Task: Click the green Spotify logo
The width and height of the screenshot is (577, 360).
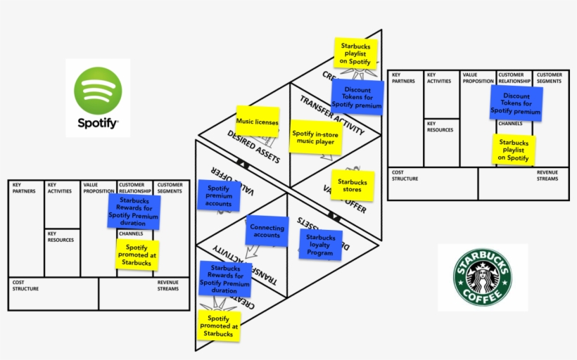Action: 98,91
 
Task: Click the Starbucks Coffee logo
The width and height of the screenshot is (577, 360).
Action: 483,277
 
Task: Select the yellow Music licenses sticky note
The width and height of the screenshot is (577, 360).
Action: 258,122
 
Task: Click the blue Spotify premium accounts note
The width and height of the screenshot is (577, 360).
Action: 219,196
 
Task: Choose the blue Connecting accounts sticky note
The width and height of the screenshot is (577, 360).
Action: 267,231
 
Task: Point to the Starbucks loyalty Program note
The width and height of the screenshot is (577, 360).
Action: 320,245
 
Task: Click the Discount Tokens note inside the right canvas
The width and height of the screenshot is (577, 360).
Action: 516,104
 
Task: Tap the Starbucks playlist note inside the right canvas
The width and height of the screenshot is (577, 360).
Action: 514,150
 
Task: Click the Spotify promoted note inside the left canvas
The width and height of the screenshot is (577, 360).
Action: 138,254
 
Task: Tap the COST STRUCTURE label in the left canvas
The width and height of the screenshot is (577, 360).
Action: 25,285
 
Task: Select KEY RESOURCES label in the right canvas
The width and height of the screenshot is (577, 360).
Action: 440,127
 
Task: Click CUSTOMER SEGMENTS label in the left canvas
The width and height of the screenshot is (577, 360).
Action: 170,188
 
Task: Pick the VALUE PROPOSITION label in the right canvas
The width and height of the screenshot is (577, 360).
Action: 478,77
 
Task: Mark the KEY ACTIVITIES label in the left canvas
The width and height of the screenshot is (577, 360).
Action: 60,188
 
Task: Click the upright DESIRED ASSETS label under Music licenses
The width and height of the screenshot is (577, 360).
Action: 253,143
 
